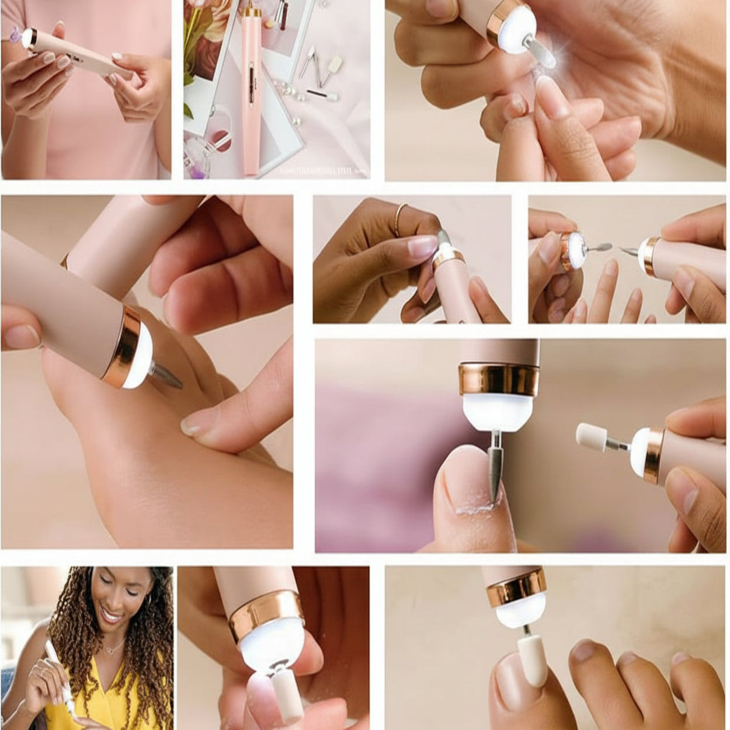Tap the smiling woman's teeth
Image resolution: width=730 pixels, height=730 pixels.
point(111,615)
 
